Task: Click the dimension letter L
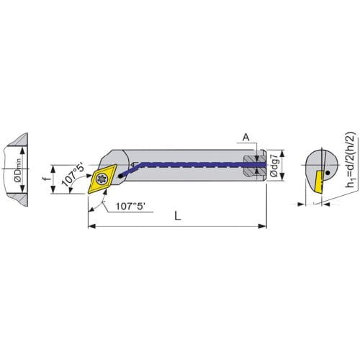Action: pos(178,216)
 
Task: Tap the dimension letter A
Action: pos(246,138)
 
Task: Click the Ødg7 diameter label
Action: pos(274,166)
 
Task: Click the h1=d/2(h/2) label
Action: pos(350,159)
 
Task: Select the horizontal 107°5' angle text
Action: pos(131,206)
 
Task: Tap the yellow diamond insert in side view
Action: pos(102,179)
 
